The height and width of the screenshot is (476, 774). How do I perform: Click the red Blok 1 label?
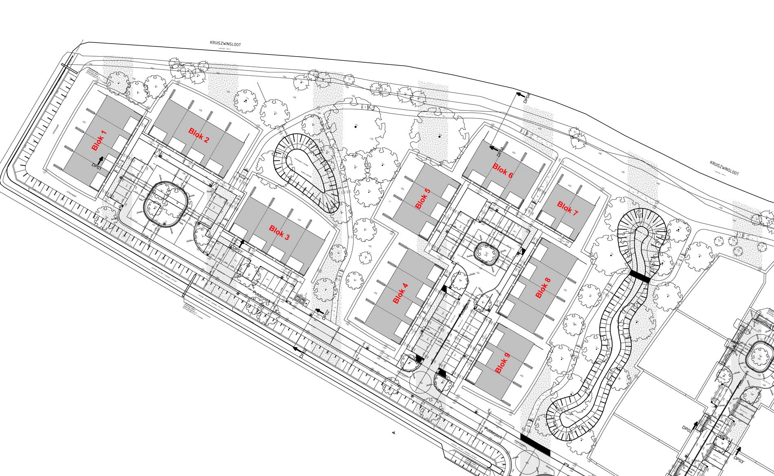tap(99, 141)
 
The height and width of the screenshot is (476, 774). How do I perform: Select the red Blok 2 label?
tap(199, 135)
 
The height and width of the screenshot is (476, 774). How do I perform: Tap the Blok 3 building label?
tap(279, 232)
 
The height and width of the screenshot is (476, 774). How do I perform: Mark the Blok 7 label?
tap(567, 208)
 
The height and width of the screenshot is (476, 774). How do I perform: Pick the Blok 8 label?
tap(543, 288)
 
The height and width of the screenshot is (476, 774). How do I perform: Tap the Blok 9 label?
tap(502, 363)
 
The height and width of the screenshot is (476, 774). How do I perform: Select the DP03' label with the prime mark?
tap(739, 461)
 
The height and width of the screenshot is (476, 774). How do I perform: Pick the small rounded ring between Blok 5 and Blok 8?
tap(487, 254)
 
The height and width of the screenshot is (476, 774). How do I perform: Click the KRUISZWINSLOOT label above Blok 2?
tap(225, 44)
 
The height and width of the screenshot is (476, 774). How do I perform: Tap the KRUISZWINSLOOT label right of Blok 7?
tap(724, 168)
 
